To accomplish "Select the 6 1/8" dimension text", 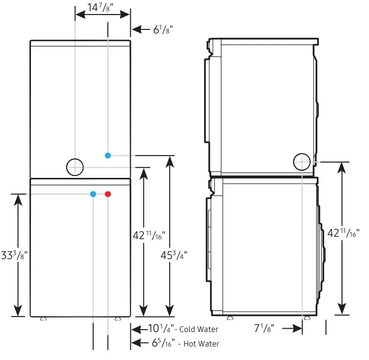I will (x=163, y=29).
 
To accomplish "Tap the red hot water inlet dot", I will (x=108, y=194).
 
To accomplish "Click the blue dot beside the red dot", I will (x=93, y=194).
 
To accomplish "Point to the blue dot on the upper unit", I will (x=108, y=155).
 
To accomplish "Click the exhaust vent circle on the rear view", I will (x=75, y=167).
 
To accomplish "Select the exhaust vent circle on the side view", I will (x=302, y=162).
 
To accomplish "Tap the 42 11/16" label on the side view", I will (x=344, y=233).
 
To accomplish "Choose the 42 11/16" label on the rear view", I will (x=149, y=236).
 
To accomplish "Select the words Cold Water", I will (x=199, y=330).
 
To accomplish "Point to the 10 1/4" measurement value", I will (x=158, y=329).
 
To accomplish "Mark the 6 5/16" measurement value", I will (x=161, y=344).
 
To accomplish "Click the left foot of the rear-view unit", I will (x=43, y=318).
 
